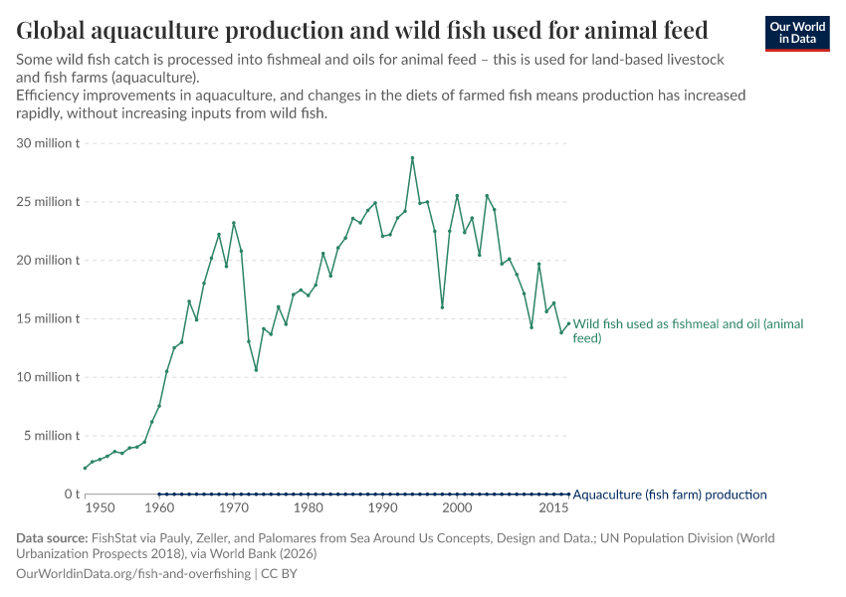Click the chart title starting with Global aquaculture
pyautogui.click(x=362, y=30)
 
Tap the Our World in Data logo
pyautogui.click(x=796, y=33)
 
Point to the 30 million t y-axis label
pyautogui.click(x=48, y=143)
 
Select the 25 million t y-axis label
pyautogui.click(x=48, y=202)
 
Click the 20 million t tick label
pyautogui.click(x=48, y=261)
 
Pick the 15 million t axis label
pyautogui.click(x=48, y=318)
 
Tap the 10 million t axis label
pyautogui.click(x=48, y=377)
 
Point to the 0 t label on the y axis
pyautogui.click(x=72, y=495)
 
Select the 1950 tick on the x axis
pyautogui.click(x=100, y=508)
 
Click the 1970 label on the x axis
pyautogui.click(x=234, y=508)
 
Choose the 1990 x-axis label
pyautogui.click(x=382, y=508)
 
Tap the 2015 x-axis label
pyautogui.click(x=554, y=508)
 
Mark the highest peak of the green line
pyautogui.click(x=412, y=158)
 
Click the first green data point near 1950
pyautogui.click(x=85, y=468)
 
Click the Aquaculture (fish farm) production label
pyautogui.click(x=670, y=495)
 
